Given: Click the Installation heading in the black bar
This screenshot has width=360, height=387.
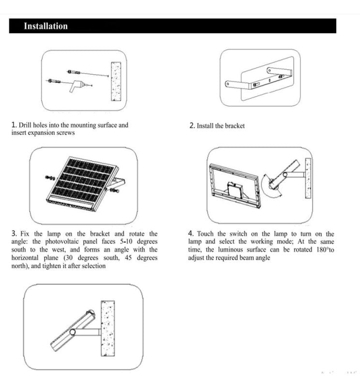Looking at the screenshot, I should click(x=46, y=26).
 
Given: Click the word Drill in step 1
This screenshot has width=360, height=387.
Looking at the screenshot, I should click(x=25, y=125).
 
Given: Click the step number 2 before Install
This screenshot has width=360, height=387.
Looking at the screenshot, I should click(x=192, y=126).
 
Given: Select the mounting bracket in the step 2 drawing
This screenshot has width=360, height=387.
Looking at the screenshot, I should click(x=256, y=82).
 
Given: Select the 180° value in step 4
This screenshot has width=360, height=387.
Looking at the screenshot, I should click(x=321, y=250).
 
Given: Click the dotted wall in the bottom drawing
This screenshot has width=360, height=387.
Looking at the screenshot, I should click(x=107, y=329).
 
